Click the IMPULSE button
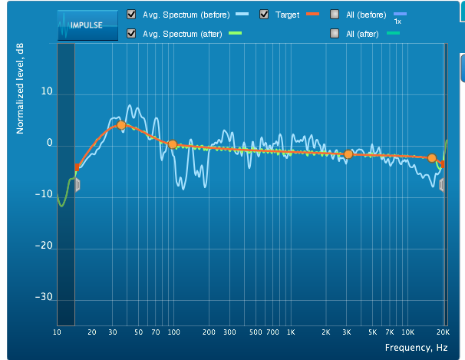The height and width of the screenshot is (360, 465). pos(87,25)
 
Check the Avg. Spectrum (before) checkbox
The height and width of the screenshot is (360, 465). pos(132,15)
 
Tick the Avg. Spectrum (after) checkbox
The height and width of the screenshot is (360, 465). pos(132,33)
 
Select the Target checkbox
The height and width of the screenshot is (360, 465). pos(264,15)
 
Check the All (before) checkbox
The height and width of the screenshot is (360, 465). pos(335,15)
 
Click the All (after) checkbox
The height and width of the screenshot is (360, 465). pos(335,33)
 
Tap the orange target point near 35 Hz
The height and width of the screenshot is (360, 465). pos(120,125)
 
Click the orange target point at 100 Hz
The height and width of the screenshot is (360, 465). pos(173,144)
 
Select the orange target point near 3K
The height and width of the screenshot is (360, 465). pos(348,154)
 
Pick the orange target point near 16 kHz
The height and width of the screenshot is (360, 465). pos(432,158)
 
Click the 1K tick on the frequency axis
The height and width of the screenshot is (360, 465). pos(291,332)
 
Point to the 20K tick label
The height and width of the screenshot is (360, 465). pos(443,332)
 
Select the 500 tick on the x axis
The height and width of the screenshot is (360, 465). pos(255,332)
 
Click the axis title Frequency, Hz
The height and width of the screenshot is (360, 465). pos(416,348)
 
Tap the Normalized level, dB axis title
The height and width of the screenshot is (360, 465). pos(21,88)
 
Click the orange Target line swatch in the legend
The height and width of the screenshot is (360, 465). pos(312,15)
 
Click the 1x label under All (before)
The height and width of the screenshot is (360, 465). pos(397,21)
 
